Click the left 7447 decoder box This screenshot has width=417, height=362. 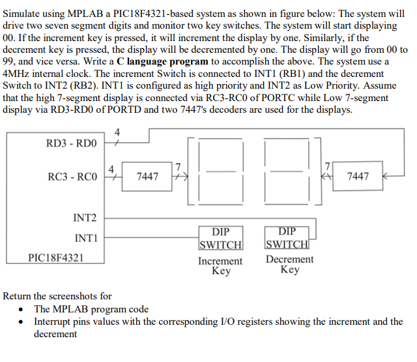(x=147, y=176)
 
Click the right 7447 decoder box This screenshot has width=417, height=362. (x=358, y=176)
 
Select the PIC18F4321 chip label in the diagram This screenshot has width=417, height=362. (x=55, y=258)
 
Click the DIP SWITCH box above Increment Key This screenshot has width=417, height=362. (x=221, y=238)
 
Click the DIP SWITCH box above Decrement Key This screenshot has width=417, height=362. (x=287, y=238)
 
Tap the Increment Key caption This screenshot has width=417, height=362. (x=220, y=265)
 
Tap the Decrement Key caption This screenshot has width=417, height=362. (x=289, y=264)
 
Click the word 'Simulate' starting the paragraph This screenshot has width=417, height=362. (x=23, y=13)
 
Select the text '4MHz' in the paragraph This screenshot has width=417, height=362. (x=18, y=74)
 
